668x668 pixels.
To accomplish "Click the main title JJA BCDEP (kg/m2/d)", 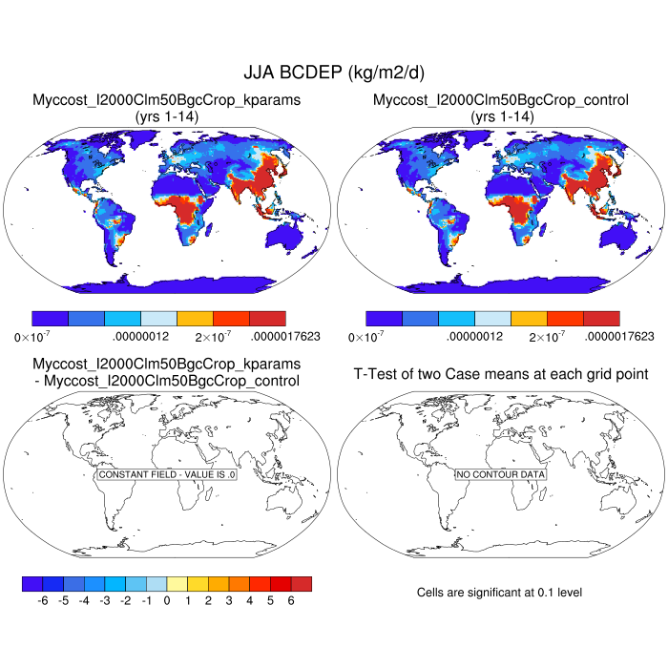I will click(x=333, y=73).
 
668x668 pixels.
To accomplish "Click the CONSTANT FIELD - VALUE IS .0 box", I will click(x=167, y=474).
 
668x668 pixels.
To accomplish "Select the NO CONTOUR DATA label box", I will click(x=500, y=474).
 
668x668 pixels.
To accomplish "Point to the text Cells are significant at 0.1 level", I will click(x=499, y=593).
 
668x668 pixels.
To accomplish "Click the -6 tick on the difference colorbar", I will click(x=42, y=601).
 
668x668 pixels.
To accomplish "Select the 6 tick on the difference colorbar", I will click(x=291, y=601).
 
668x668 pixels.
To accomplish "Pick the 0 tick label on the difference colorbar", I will click(x=166, y=601).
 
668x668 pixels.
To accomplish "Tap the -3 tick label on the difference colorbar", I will click(x=104, y=601).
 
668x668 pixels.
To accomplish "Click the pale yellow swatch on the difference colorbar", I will click(x=177, y=583).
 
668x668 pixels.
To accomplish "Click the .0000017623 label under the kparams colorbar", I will click(x=285, y=336).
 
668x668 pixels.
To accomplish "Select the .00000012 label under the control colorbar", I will click(x=474, y=336).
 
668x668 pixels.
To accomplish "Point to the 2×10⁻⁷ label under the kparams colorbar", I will click(x=215, y=336).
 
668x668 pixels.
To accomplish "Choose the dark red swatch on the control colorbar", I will click(x=601, y=319).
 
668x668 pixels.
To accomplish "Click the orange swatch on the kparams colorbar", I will click(x=195, y=319).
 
